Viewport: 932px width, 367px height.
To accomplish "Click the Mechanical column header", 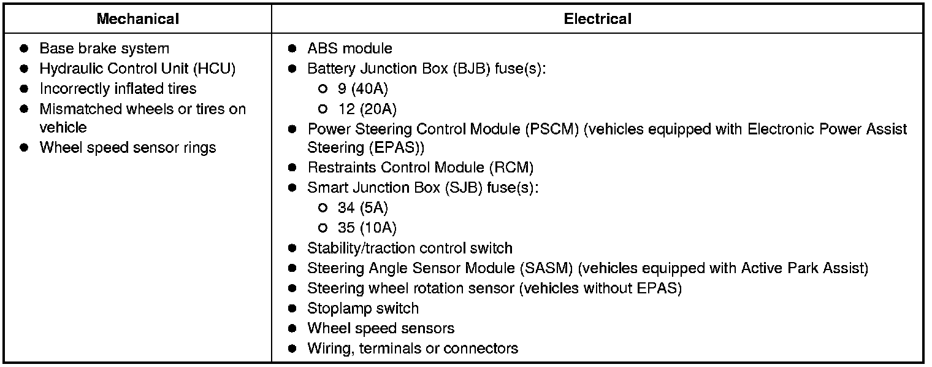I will (138, 19).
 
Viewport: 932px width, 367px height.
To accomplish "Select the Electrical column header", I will (597, 19).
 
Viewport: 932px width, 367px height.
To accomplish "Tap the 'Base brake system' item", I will (104, 48).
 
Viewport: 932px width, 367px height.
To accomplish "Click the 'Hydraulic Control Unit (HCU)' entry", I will (137, 69).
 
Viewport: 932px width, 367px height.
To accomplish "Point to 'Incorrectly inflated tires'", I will (118, 89).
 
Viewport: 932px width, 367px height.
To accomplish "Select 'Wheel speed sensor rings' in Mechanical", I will (128, 148).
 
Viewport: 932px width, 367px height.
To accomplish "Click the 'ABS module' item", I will (349, 48).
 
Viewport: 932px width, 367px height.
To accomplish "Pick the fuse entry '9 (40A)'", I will (362, 89).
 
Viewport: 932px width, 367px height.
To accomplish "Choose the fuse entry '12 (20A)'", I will (367, 109).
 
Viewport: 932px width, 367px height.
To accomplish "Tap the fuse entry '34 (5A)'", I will (362, 208).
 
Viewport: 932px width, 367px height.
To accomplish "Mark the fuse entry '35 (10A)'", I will (367, 228).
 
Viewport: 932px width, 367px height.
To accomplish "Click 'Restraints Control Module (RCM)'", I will (420, 168).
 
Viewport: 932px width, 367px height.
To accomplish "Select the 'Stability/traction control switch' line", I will (410, 249).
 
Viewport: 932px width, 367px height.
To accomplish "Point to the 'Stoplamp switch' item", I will (363, 309).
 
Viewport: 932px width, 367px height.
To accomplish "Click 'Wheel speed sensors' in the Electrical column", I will (381, 328).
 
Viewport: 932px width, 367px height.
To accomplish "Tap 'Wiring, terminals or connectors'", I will (413, 349).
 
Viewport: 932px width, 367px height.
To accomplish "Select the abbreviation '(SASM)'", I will (546, 268).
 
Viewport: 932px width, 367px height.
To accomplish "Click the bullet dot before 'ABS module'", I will (293, 48).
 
